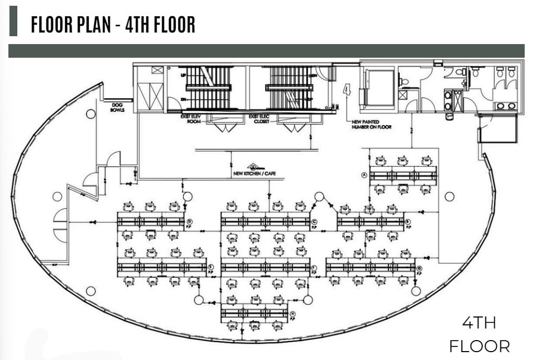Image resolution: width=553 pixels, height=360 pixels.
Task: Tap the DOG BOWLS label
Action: click(x=117, y=108)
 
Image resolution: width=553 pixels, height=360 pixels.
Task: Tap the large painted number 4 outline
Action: click(x=347, y=90)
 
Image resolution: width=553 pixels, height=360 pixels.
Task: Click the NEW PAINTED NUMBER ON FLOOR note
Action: click(x=372, y=124)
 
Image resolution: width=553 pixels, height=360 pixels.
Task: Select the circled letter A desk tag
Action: click(x=363, y=176)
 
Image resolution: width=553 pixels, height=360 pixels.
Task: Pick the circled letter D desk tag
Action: click(x=188, y=222)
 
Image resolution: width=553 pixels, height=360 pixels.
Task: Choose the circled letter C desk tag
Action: click(x=314, y=222)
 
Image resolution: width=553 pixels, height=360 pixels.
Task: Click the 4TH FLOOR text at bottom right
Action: click(x=479, y=334)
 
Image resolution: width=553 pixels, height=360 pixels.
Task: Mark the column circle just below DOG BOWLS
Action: click(x=91, y=113)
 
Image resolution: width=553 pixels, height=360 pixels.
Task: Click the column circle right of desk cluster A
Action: click(x=449, y=196)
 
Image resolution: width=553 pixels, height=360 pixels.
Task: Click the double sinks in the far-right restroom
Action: click(x=505, y=106)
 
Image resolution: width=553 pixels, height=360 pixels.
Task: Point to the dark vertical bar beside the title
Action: click(x=13, y=22)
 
